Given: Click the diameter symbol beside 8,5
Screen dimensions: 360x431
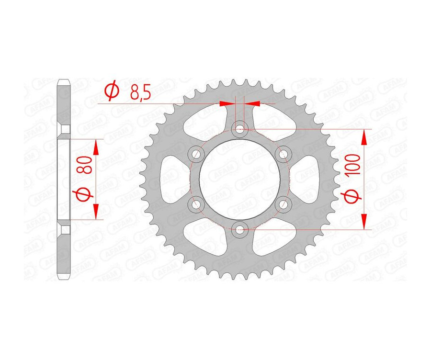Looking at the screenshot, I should (x=111, y=90).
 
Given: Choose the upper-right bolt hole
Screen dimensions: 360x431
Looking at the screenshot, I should (x=284, y=153).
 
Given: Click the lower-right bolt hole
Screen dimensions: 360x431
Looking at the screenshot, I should (x=284, y=204).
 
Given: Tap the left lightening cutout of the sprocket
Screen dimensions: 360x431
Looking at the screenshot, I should (x=171, y=179).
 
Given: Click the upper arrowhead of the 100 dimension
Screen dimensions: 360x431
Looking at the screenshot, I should (x=364, y=136).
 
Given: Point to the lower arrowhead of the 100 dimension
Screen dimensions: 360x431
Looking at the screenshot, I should (x=364, y=221).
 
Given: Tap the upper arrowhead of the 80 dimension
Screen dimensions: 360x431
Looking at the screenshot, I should (x=96, y=147).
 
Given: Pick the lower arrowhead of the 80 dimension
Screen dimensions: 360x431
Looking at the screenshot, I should (x=96, y=211).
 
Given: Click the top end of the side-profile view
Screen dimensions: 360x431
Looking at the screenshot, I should (x=64, y=81).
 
